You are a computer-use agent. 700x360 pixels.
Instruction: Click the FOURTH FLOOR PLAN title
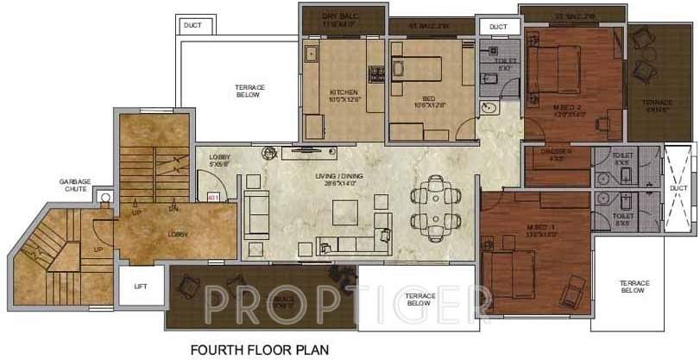(259, 351)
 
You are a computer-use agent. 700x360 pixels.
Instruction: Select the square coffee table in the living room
(348, 211)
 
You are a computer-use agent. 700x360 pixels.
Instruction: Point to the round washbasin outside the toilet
(489, 109)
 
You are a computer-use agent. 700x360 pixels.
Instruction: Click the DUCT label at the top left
(192, 26)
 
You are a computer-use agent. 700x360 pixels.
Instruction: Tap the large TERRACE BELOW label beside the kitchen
(249, 92)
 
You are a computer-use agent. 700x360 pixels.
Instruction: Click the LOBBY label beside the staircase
(179, 235)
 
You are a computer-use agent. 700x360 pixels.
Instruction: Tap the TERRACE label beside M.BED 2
(659, 104)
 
